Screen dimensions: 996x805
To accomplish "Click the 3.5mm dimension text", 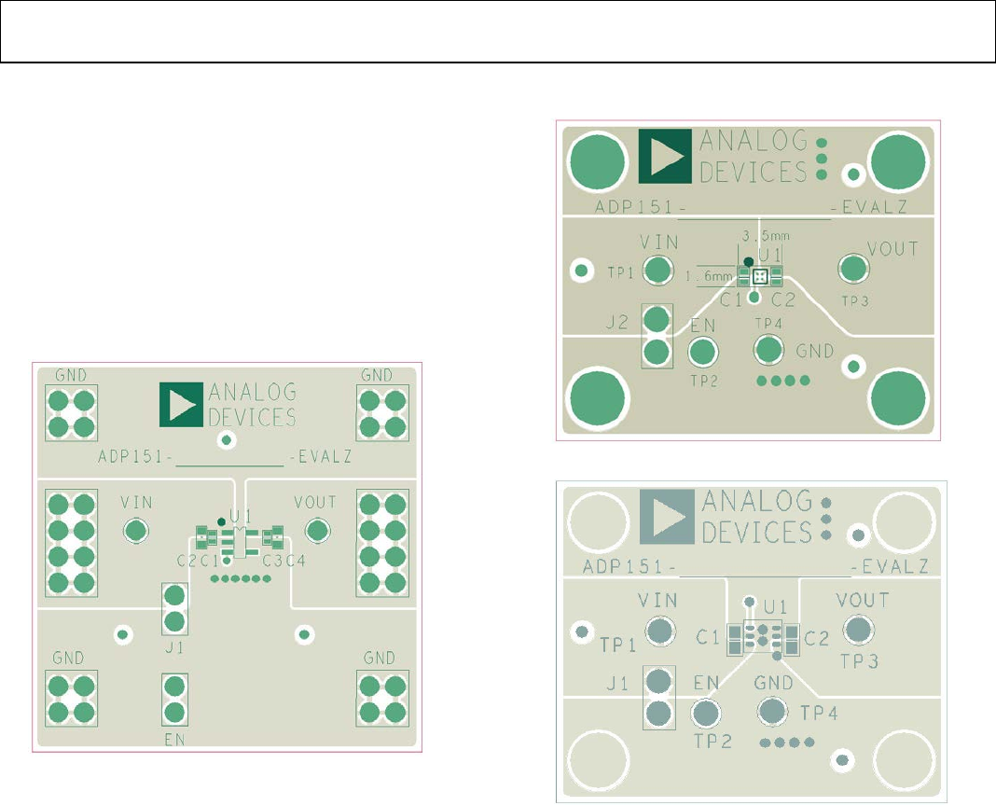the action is coord(766,236).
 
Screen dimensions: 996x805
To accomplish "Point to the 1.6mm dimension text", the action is coord(709,276).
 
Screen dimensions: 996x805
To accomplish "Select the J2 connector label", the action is coord(616,322).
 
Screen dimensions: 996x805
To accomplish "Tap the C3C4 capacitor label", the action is coord(284,561).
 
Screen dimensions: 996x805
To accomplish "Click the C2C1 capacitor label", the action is coord(199,561).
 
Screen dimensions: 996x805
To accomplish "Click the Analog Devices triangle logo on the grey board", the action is coord(667,517).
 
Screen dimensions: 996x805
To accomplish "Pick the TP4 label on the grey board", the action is coord(819,713).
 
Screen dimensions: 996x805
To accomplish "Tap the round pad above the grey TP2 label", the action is coord(706,713).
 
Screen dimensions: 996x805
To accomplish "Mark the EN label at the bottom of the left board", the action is coord(174,740).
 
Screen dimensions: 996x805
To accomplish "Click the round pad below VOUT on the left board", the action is coord(318,530).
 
